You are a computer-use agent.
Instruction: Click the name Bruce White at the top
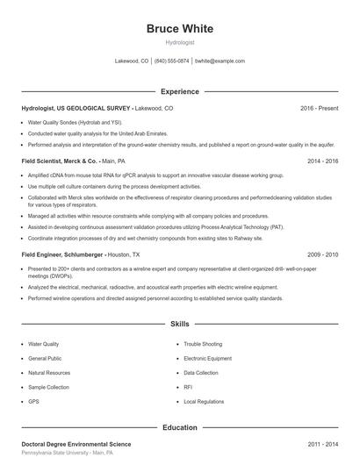coord(179,29)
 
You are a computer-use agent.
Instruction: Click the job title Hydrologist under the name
coord(179,42)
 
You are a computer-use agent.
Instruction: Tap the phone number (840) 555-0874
coord(172,61)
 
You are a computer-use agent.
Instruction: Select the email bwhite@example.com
coord(220,61)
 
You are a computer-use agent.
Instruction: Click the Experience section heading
coord(179,91)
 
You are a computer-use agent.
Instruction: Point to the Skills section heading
coord(179,324)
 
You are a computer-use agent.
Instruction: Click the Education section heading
coord(179,427)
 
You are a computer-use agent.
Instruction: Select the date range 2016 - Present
coord(319,108)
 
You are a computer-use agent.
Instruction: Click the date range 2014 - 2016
coord(322,161)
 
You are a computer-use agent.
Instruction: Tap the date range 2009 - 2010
coord(322,254)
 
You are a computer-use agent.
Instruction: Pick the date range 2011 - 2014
coord(322,445)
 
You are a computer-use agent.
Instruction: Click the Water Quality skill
coord(44,345)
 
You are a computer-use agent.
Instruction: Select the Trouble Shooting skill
coord(203,345)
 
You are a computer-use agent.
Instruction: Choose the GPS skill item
coord(33,401)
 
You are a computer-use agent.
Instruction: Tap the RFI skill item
coord(188,387)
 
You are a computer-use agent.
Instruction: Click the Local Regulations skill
coord(205,401)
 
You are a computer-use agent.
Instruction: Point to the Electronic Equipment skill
coord(207,359)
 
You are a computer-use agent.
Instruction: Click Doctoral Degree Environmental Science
coord(76,445)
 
